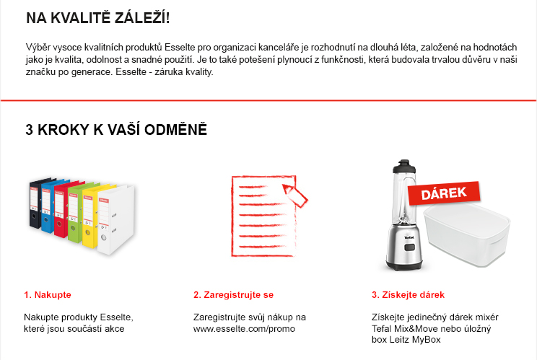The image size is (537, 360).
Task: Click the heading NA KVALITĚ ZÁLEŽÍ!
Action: pos(97,17)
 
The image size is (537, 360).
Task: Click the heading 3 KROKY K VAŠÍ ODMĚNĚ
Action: pos(116,131)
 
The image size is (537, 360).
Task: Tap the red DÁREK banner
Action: pos(444,193)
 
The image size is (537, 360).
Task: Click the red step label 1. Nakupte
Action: pos(48,295)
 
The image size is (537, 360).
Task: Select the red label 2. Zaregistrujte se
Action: pos(233,295)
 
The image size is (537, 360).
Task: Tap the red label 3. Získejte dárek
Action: pos(408,295)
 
